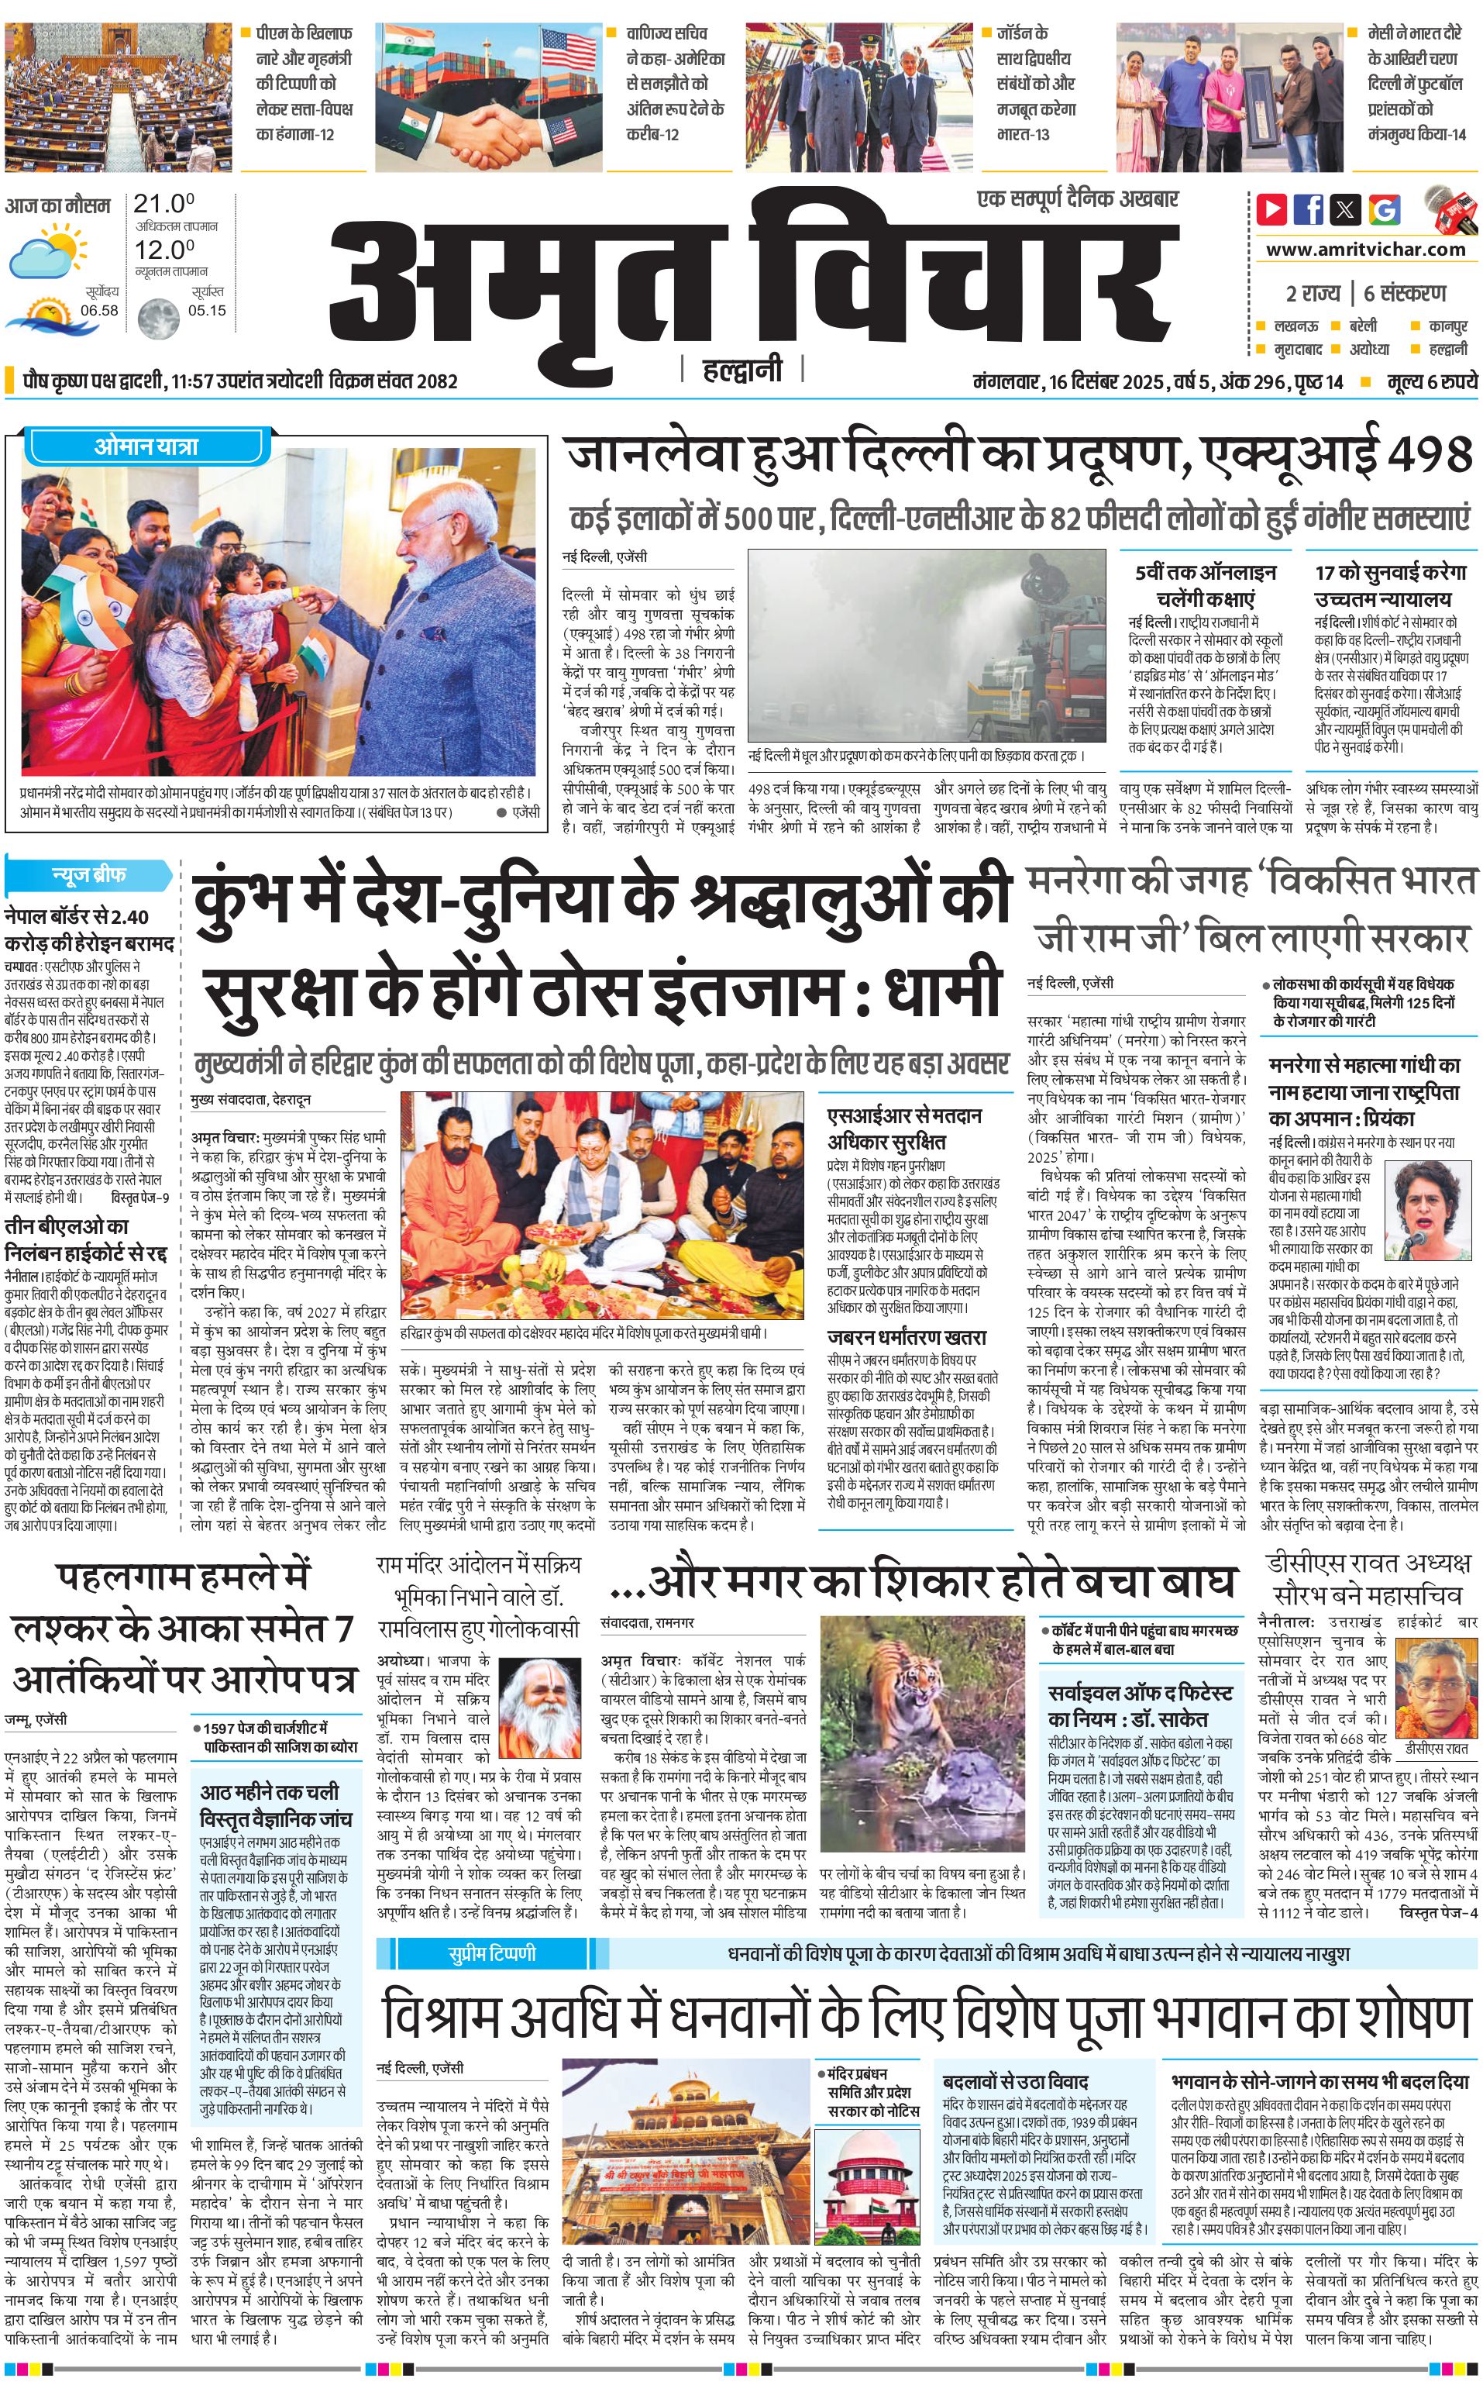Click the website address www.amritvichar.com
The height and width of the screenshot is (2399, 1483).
tap(1365, 250)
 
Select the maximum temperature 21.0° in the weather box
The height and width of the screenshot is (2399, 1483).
tap(163, 204)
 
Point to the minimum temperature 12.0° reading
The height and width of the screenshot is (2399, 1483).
tap(163, 250)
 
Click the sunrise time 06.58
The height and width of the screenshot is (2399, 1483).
tap(99, 310)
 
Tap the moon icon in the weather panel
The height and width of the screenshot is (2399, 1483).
tap(157, 317)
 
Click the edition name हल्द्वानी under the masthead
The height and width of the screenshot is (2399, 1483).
tap(742, 370)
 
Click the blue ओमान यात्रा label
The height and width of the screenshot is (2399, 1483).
tap(146, 446)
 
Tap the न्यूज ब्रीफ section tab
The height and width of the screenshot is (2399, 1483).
tap(88, 874)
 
